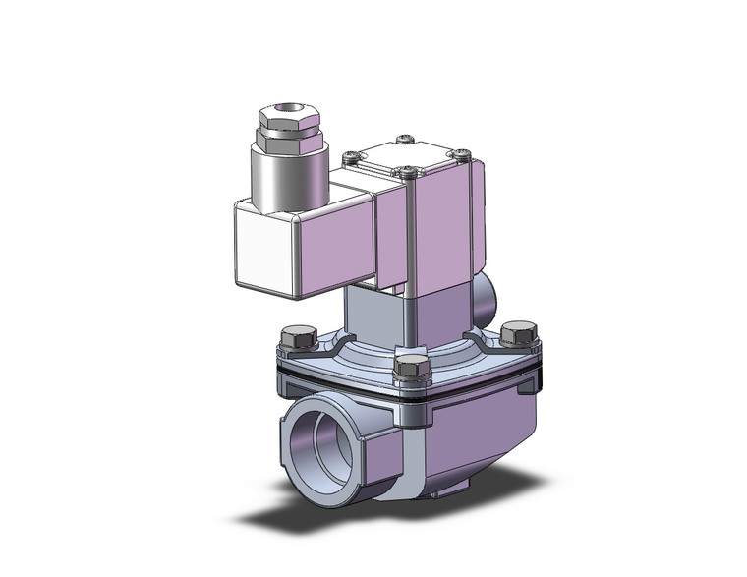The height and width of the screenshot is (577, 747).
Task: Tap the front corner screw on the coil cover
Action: [x=406, y=173]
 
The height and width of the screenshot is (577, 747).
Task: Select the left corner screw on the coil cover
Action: [x=350, y=155]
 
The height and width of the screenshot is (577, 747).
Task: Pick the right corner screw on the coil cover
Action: [x=458, y=152]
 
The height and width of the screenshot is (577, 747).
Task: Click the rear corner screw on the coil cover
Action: [x=401, y=139]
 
